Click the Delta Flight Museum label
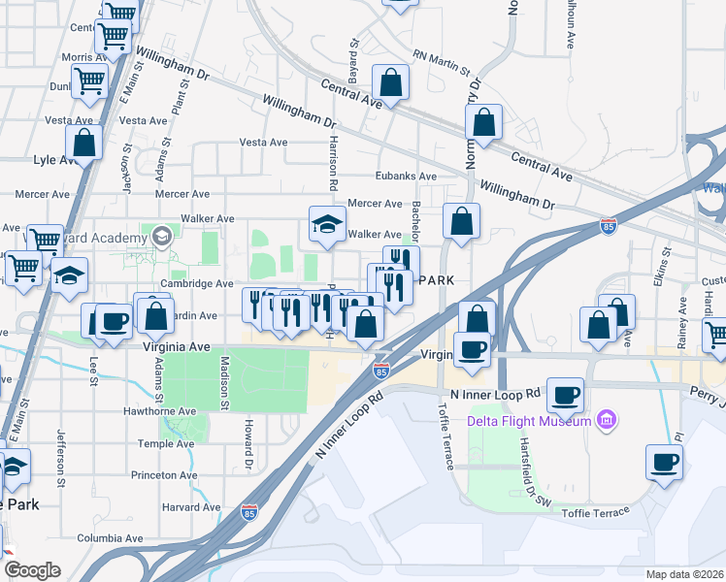pyautogui.click(x=529, y=421)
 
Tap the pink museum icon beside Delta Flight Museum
pyautogui.click(x=608, y=421)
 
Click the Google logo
pyautogui.click(x=31, y=570)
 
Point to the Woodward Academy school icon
pyautogui.click(x=161, y=236)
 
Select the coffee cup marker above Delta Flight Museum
pyautogui.click(x=564, y=395)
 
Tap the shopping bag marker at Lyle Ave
pyautogui.click(x=84, y=143)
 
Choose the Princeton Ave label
pyautogui.click(x=164, y=475)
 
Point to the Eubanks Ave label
pyautogui.click(x=407, y=177)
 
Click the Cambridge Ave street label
pyautogui.click(x=197, y=283)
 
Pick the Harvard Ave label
pyautogui.click(x=191, y=507)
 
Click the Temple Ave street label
pyautogui.click(x=167, y=443)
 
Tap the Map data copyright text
pyautogui.click(x=684, y=574)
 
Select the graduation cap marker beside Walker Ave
pyautogui.click(x=328, y=224)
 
